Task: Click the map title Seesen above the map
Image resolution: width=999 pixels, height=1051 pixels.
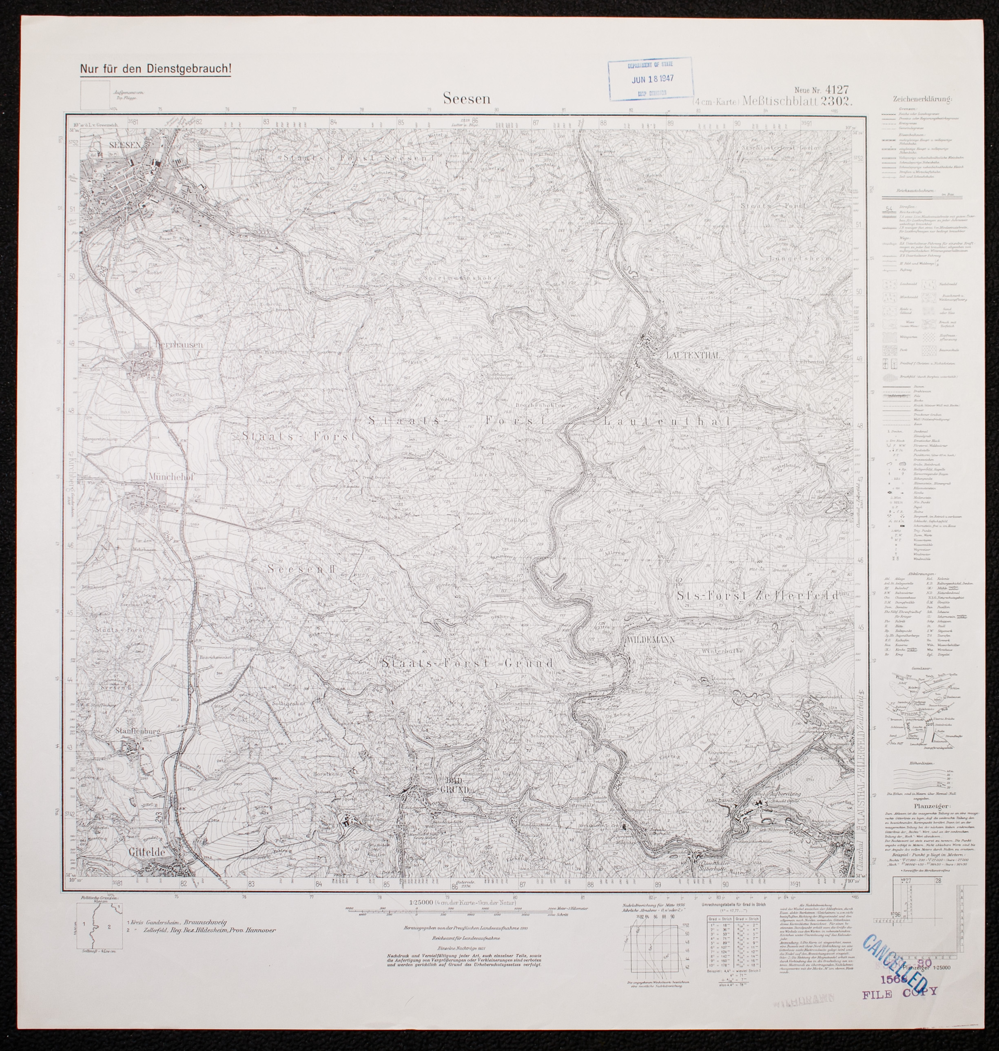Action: coord(467,99)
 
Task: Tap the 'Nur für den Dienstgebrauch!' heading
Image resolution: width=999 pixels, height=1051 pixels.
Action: coord(155,69)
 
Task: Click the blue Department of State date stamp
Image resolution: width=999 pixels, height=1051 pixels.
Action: coord(650,79)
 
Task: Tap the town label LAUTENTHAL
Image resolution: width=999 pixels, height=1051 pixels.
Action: coord(692,355)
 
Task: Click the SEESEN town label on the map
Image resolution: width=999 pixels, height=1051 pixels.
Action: coord(124,145)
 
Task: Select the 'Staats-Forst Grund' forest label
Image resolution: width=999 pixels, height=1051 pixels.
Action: coord(467,664)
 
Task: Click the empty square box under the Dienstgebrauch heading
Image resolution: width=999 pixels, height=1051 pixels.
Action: coord(95,95)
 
